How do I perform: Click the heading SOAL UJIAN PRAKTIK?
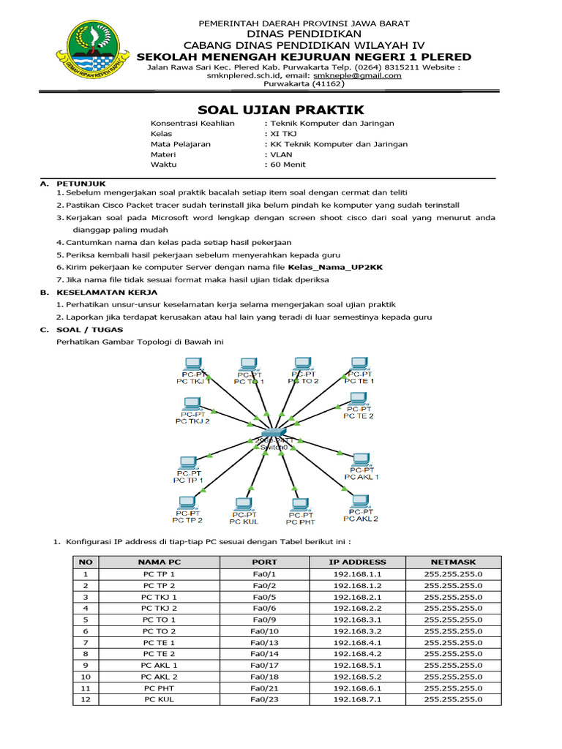(281, 110)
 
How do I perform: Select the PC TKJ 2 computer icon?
(192, 403)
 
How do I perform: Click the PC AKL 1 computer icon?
(360, 460)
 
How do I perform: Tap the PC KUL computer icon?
(243, 504)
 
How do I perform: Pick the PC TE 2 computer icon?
(357, 399)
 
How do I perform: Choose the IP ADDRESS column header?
(359, 562)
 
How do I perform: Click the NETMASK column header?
(453, 562)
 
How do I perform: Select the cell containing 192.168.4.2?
(359, 654)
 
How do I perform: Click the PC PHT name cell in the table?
(159, 688)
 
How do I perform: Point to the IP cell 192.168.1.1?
(359, 574)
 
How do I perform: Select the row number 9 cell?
(86, 666)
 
